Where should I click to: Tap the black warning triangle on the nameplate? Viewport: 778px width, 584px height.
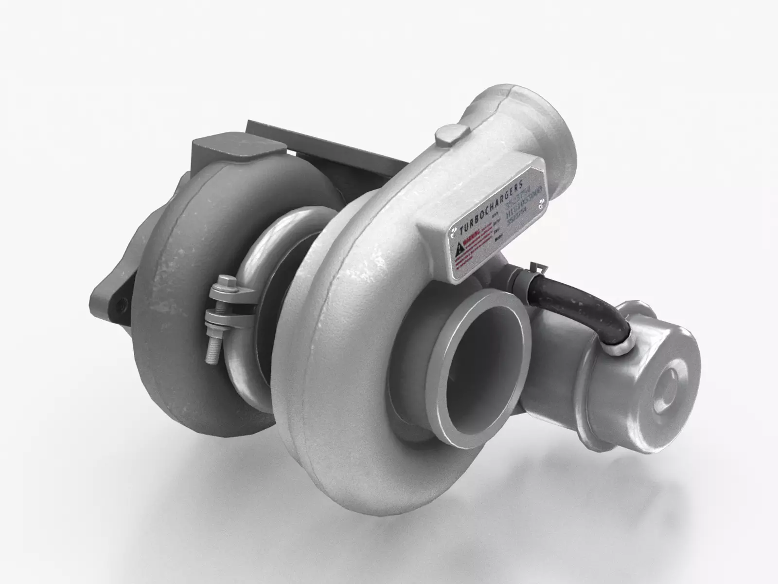459,251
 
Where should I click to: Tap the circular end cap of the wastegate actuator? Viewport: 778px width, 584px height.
671,384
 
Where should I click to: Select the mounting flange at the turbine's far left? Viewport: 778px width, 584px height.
109,297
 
